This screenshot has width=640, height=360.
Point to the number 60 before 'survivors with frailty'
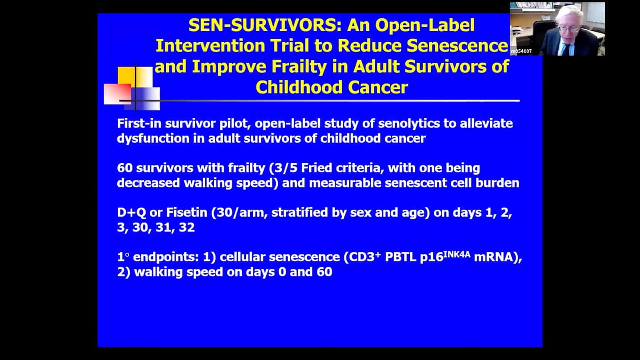pyautogui.click(x=124, y=168)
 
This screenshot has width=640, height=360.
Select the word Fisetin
pyautogui.click(x=187, y=212)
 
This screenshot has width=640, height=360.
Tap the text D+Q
pyautogui.click(x=132, y=212)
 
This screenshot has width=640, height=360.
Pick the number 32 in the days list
pyautogui.click(x=187, y=228)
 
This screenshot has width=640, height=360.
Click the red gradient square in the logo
pyautogui.click(x=118, y=94)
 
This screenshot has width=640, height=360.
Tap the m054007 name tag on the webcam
pyautogui.click(x=521, y=52)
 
